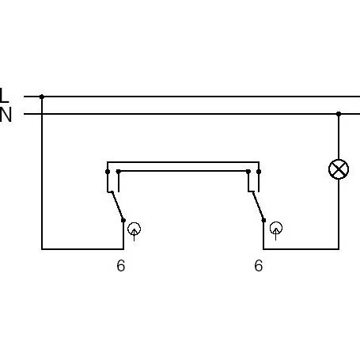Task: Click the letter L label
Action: point(4,95)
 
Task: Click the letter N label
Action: point(6,115)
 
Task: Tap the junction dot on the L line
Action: point(42,97)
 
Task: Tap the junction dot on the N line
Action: point(339,114)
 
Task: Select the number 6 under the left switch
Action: point(121,266)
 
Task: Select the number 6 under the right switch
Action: point(259,265)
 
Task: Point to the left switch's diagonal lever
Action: point(118,206)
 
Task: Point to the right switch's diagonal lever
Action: point(258,206)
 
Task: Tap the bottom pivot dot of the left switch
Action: point(123,220)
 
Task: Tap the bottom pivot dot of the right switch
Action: point(263,220)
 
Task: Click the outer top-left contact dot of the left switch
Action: point(108,172)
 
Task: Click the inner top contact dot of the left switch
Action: point(119,172)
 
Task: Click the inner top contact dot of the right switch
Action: point(248,172)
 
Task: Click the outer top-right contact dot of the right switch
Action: point(259,172)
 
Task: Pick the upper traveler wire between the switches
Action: point(183,162)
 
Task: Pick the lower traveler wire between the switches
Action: point(184,171)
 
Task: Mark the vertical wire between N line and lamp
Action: point(339,137)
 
